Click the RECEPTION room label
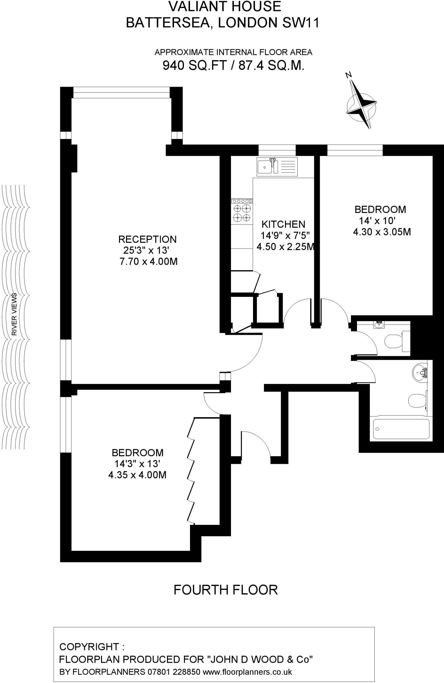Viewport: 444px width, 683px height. [147, 239]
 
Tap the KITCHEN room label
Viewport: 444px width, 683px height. [283, 224]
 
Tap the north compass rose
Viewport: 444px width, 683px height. [361, 104]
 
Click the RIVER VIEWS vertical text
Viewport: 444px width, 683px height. [14, 314]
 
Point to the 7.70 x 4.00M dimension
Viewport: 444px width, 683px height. [148, 261]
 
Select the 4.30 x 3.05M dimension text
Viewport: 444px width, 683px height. [382, 231]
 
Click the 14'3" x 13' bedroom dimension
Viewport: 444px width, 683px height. [138, 464]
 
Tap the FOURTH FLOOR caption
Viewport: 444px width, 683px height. [226, 590]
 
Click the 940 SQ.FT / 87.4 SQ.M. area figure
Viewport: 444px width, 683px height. [233, 65]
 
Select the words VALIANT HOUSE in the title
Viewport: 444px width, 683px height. [225, 7]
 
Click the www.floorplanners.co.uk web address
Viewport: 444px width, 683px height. [247, 671]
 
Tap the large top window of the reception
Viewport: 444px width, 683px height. [121, 92]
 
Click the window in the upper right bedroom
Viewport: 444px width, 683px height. [355, 150]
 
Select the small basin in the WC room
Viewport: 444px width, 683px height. [379, 324]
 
